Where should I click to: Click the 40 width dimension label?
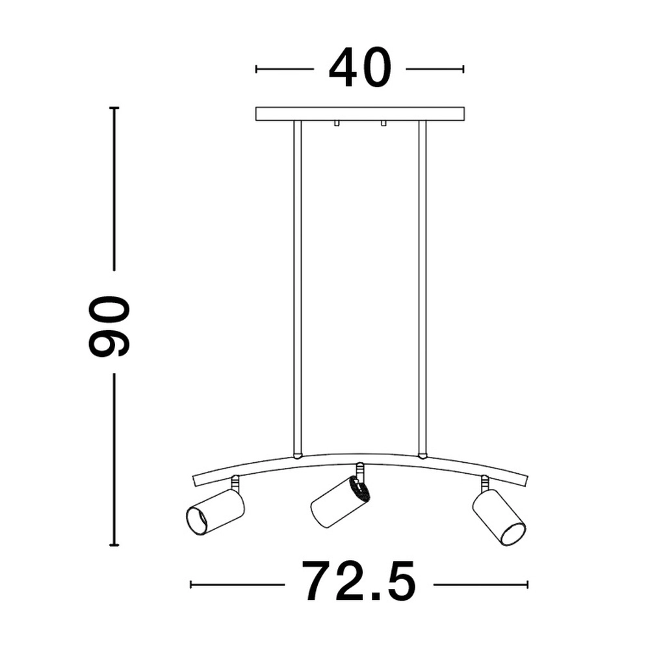359,68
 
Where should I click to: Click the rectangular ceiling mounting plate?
359,114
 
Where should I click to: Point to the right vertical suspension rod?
422,286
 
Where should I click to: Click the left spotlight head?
215,512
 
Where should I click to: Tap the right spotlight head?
499,516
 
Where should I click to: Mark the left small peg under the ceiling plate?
336,123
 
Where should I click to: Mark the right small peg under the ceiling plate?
383,123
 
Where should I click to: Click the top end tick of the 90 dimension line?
114,107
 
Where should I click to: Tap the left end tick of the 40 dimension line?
257,69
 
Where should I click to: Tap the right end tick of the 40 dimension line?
463,69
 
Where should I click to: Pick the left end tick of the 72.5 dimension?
191,584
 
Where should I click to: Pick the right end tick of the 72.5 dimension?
528,584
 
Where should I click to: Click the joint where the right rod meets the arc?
422,455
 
